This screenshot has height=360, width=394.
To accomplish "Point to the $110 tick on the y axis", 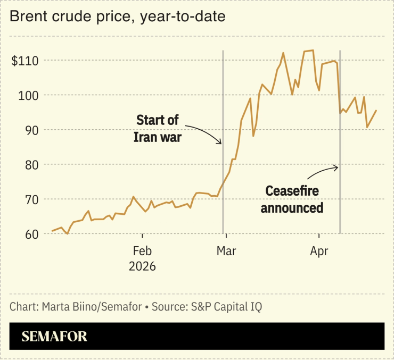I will pyautogui.click(x=25, y=61).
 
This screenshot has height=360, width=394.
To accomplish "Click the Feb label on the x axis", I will pyautogui.click(x=142, y=250).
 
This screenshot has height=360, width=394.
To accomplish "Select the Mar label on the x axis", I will pyautogui.click(x=226, y=250).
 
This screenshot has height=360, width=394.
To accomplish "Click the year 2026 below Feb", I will pyautogui.click(x=142, y=266).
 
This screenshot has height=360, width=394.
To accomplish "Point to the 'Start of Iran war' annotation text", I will pyautogui.click(x=158, y=128).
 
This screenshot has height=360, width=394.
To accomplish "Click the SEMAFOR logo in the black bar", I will pyautogui.click(x=54, y=337).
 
